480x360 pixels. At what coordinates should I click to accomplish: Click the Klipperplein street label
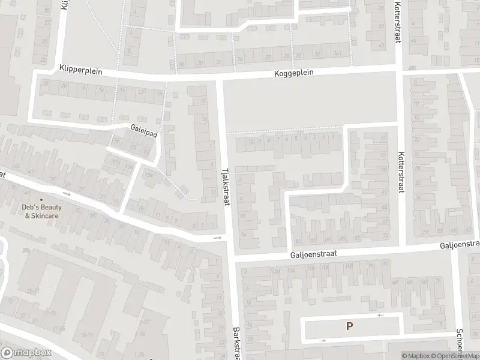[x=81, y=70]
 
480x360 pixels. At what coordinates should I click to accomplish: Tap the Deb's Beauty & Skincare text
[x=43, y=211]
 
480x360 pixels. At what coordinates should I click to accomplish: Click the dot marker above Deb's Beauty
[x=41, y=200]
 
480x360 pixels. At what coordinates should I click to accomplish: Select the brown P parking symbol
[x=349, y=326]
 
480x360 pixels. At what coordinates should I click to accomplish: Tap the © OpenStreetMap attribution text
[x=454, y=356]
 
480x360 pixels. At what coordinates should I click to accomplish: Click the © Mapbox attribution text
[x=415, y=356]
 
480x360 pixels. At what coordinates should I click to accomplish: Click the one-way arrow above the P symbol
[x=379, y=314]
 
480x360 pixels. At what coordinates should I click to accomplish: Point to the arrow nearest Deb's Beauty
[x=67, y=194]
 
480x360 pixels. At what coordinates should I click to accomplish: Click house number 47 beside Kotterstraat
[x=384, y=137]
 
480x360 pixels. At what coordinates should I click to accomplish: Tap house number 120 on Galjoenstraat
[x=275, y=271]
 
